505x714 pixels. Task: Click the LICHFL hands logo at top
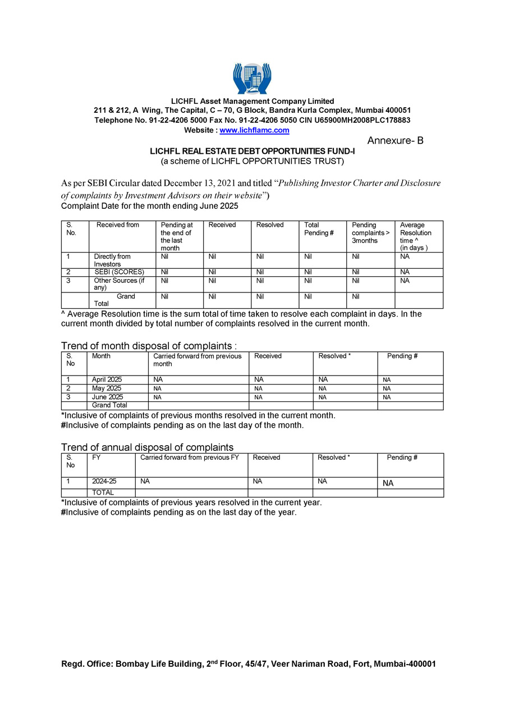pos(252,79)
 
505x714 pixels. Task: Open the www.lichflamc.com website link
pos(254,130)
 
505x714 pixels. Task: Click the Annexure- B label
pos(395,141)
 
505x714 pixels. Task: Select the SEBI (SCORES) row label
pos(119,272)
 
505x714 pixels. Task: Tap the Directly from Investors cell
pos(112,260)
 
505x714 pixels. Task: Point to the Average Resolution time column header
pos(415,236)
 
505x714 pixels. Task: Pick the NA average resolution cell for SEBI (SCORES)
pos(405,272)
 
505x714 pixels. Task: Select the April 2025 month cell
pos(107,380)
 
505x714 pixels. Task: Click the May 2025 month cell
pos(105,388)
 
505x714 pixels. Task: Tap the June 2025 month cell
pos(107,397)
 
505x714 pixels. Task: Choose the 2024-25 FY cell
pos(104,482)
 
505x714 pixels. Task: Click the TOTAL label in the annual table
pos(103,493)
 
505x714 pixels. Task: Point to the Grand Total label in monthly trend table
pos(109,405)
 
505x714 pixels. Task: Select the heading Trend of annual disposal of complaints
pos(147,447)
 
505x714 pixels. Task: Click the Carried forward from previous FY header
pos(190,457)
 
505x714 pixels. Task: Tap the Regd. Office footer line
pos(248,664)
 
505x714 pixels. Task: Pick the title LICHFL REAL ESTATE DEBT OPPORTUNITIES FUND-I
pos(252,152)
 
